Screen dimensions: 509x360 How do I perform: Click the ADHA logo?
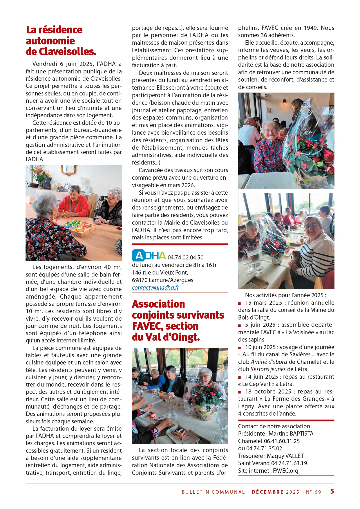(149, 256)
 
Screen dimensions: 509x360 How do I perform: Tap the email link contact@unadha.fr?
(155, 288)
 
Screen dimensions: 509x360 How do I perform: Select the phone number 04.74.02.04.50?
(185, 257)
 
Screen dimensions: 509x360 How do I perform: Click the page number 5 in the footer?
(332, 491)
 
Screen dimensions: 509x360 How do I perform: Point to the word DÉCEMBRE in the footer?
(267, 492)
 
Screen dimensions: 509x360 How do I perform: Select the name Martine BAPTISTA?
(291, 434)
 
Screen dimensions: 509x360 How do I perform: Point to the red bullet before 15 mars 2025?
(240, 303)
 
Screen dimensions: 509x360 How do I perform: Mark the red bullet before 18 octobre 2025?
(240, 392)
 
